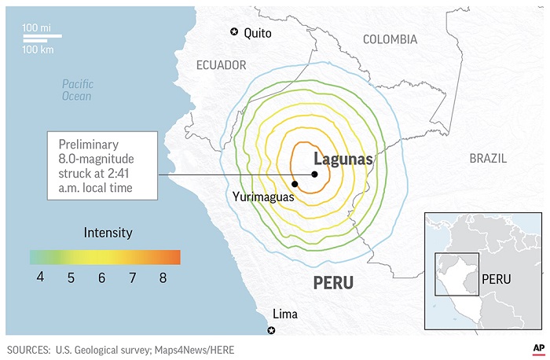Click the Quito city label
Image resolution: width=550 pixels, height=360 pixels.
point(258,33)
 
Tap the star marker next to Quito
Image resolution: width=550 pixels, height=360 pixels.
point(233,31)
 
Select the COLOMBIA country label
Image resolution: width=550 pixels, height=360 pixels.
point(390,39)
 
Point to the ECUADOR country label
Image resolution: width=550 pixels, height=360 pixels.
point(221,65)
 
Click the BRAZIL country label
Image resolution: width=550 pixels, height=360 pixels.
point(489,158)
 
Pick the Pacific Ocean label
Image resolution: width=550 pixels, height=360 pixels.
point(77,90)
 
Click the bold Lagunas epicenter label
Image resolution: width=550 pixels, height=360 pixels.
point(343,159)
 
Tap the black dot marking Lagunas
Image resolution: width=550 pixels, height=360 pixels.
point(313,174)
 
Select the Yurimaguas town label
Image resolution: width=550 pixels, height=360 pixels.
point(263,197)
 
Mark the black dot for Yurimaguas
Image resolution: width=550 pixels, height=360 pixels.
point(295,184)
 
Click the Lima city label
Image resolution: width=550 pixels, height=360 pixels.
point(284,313)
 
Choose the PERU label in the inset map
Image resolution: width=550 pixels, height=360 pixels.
point(497,279)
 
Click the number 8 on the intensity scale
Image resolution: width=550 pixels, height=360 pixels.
point(163,277)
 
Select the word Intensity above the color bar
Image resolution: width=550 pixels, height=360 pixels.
point(108,233)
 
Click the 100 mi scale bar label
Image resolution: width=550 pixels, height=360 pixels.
point(36,28)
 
